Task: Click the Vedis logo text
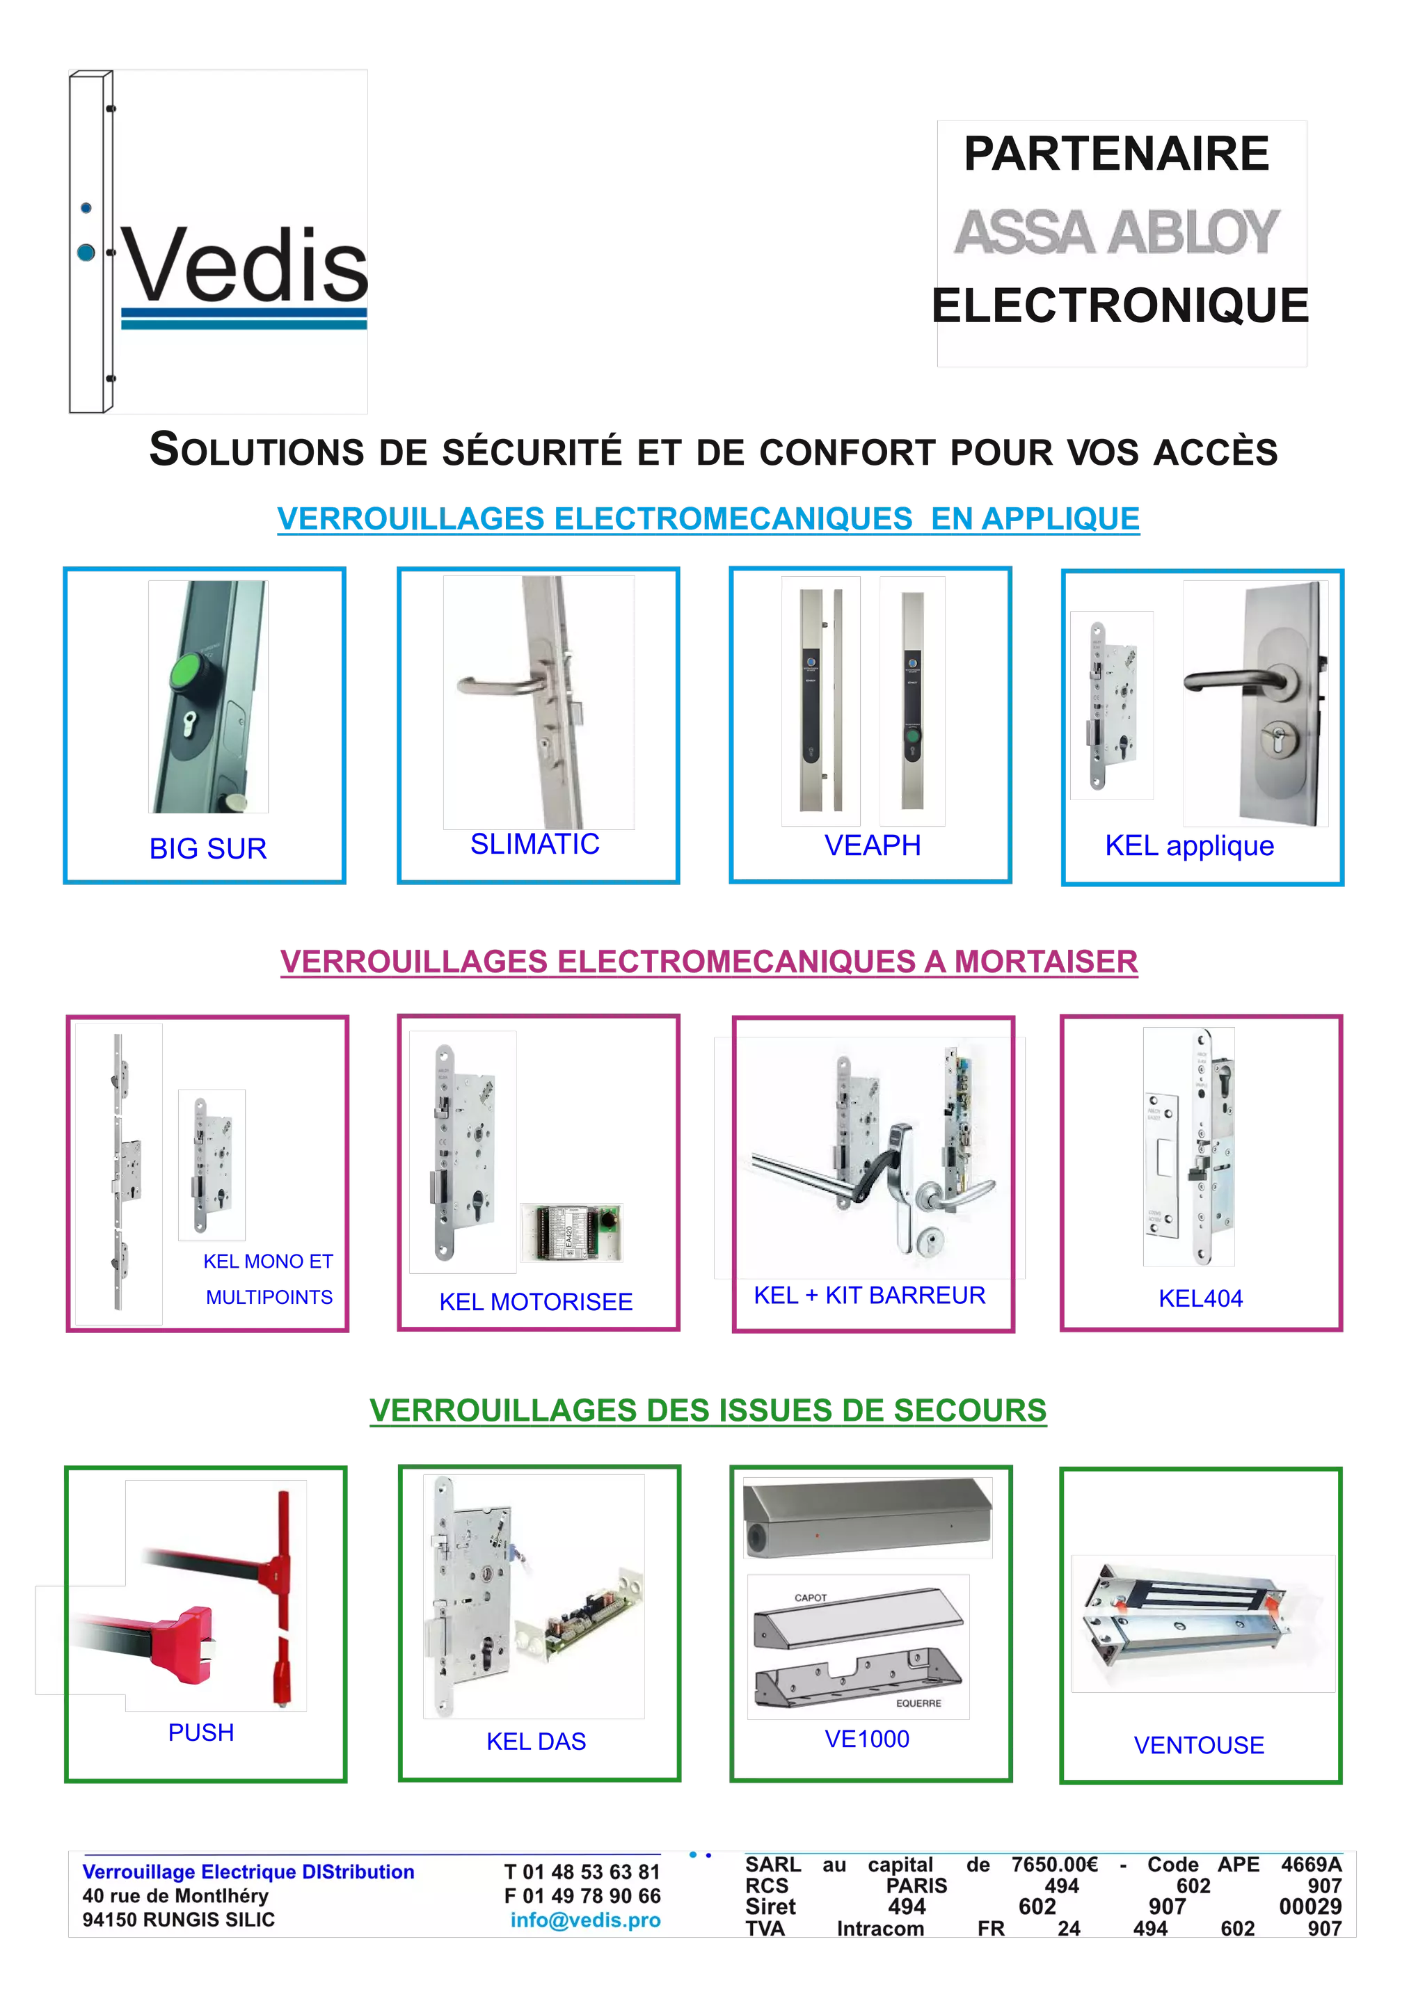coord(246,263)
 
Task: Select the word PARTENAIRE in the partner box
coord(1116,154)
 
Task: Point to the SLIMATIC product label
coord(534,844)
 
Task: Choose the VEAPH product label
coord(873,845)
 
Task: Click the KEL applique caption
coord(1189,846)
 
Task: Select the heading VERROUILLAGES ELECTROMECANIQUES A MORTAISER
coord(709,962)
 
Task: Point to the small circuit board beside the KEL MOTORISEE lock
coord(571,1232)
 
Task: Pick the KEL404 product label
coord(1200,1298)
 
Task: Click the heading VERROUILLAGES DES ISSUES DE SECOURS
coord(708,1410)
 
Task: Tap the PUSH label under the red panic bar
coord(201,1733)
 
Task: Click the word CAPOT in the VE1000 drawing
coord(810,1598)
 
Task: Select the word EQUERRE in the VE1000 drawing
coord(918,1703)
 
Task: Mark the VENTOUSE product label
coord(1199,1745)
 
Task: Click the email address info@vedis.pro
coord(585,1920)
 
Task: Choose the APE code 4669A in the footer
coord(1311,1865)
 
